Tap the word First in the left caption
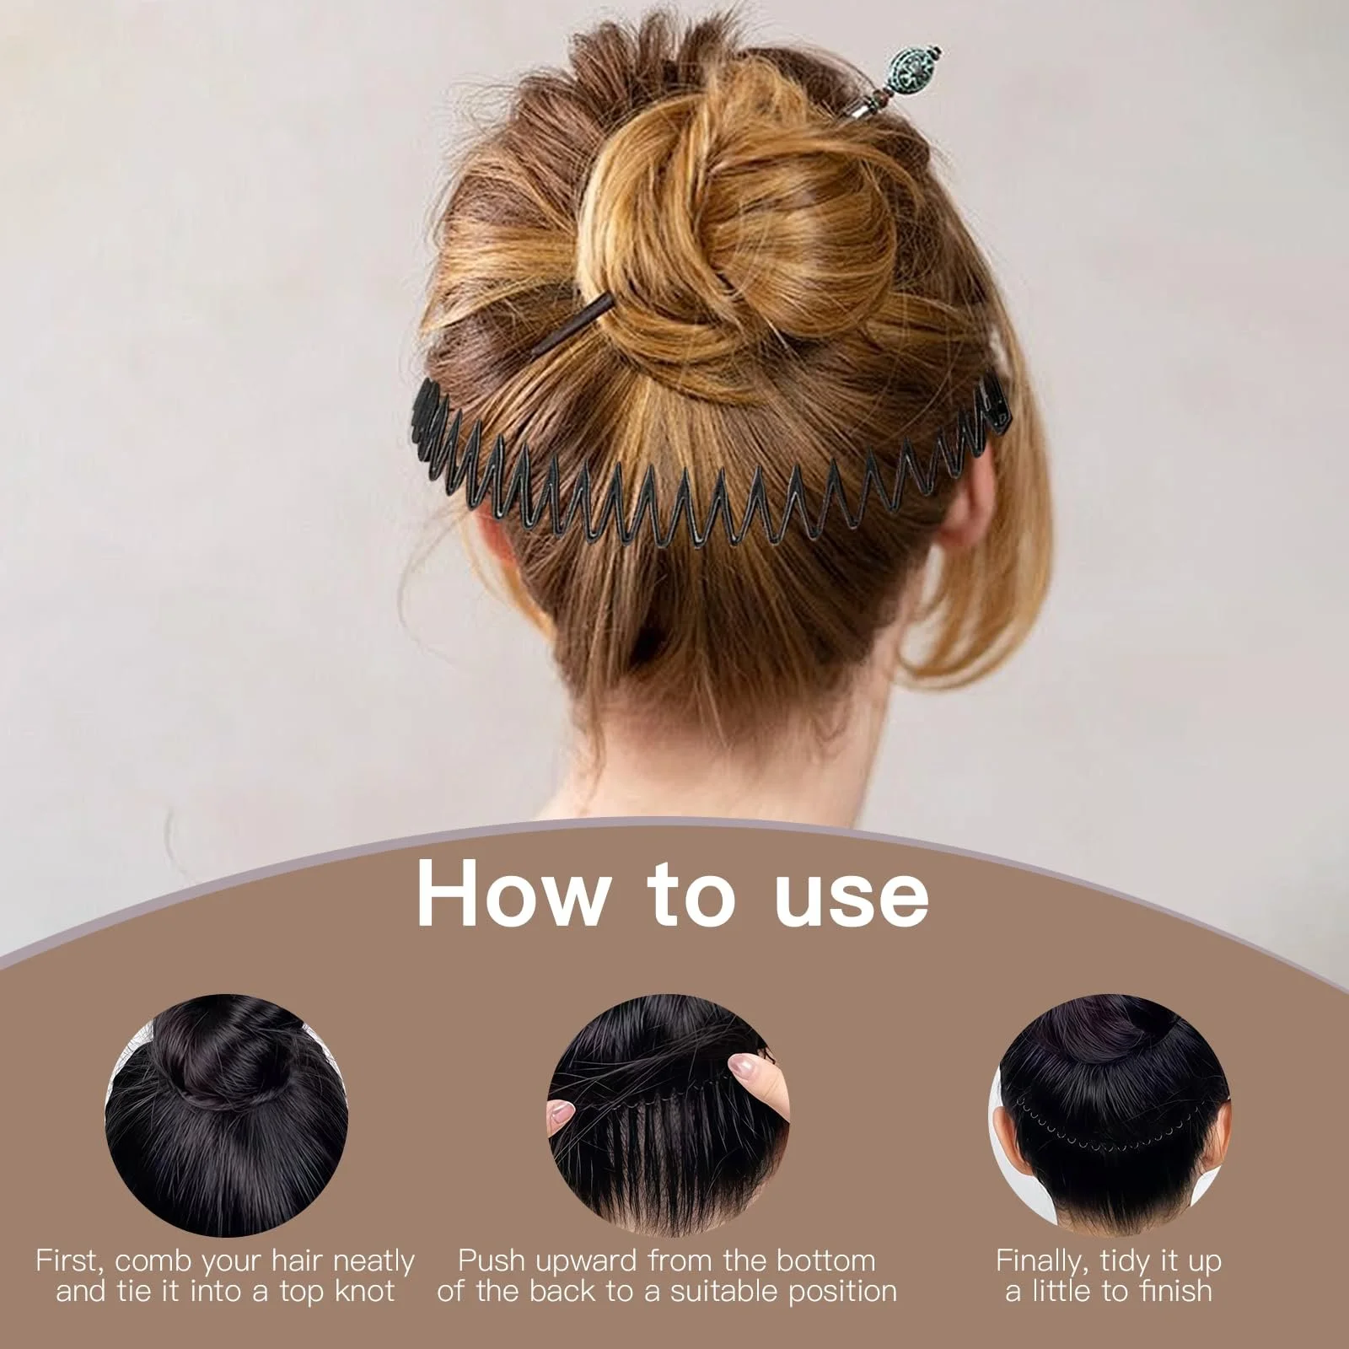[x=67, y=1261]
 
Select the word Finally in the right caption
[x=1044, y=1262]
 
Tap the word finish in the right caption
[x=1169, y=1291]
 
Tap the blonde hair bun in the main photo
[x=742, y=245]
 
